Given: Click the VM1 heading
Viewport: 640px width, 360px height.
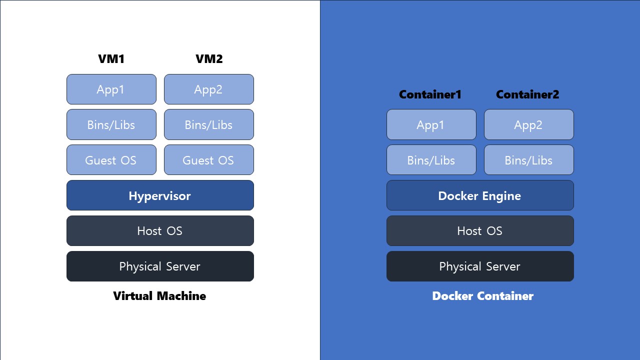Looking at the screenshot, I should click(x=111, y=59).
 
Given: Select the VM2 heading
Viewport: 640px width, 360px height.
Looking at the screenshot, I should click(x=209, y=59).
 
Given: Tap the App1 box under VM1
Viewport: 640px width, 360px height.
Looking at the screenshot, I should click(x=111, y=89).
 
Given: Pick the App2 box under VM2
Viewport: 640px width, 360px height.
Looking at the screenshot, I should click(x=209, y=89).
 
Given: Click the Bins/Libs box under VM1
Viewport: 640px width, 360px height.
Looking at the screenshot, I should click(x=111, y=124).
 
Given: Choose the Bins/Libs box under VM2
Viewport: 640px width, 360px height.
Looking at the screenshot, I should click(x=209, y=124).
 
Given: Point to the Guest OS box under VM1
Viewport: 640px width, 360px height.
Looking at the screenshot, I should click(x=111, y=160).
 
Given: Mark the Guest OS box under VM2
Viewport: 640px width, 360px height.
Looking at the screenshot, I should click(x=209, y=160).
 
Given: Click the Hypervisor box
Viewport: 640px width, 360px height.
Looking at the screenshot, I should click(x=160, y=195).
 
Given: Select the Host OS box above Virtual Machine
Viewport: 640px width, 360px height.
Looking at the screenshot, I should click(x=160, y=231).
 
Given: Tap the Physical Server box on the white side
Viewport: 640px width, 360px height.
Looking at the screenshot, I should click(x=160, y=266).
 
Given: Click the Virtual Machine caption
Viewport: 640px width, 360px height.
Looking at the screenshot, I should click(x=159, y=296).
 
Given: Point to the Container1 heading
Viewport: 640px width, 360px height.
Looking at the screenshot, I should click(x=430, y=94).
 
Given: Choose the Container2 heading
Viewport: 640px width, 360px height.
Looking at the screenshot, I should click(x=527, y=94).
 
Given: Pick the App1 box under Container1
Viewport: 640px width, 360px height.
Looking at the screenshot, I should click(x=431, y=124).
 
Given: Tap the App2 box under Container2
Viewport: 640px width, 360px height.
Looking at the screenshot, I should click(x=529, y=124).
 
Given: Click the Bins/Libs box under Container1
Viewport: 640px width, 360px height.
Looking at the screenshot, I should click(x=431, y=160).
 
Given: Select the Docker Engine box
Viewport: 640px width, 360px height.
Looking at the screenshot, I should click(x=480, y=195).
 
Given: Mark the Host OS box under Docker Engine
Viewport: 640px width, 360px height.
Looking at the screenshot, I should click(x=480, y=231).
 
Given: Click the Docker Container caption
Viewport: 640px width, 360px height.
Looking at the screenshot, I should click(x=482, y=296).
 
